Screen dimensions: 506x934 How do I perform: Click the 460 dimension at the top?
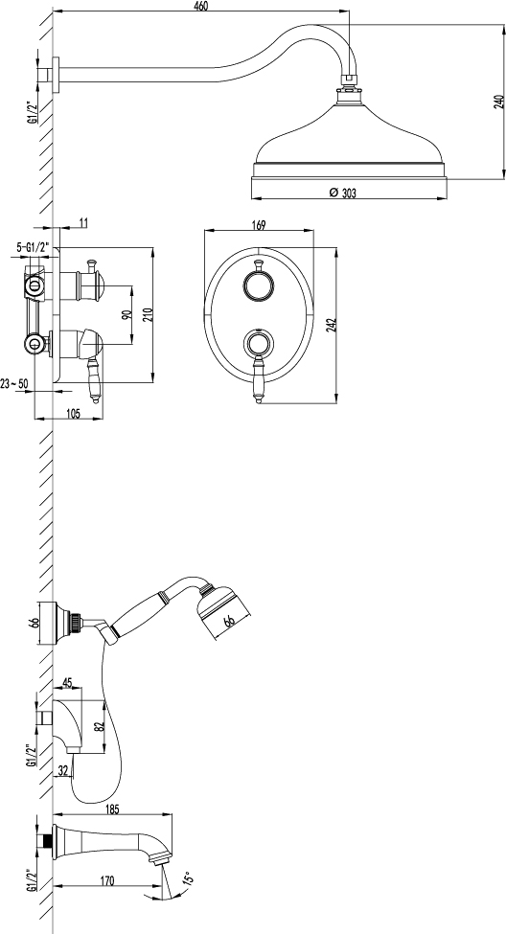coord(201,6)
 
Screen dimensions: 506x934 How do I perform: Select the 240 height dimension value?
coord(498,102)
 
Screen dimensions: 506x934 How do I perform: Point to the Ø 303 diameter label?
coord(342,193)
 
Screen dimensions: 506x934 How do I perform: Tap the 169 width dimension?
coord(258,224)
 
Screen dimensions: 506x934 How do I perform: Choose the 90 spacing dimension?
coord(126,314)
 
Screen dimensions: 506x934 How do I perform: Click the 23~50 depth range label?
coord(15,383)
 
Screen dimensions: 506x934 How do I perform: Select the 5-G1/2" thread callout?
coord(32,246)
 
